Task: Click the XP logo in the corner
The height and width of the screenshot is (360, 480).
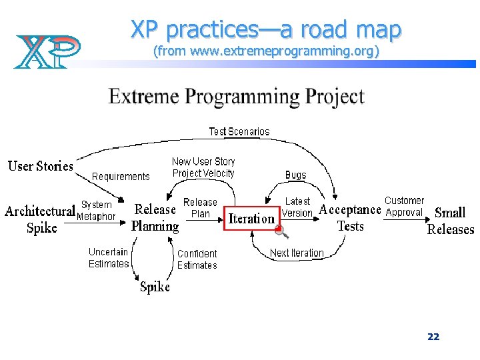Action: coord(47,51)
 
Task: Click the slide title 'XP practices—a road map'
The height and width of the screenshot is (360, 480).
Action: coord(265,29)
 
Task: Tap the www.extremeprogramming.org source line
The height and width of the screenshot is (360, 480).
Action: coord(266,51)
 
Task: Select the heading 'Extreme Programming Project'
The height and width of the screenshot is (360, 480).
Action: coord(236,97)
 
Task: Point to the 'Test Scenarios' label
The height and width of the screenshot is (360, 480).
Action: coord(239,131)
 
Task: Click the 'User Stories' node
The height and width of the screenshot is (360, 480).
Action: coord(41,165)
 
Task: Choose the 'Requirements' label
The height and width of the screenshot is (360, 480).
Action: coord(121,177)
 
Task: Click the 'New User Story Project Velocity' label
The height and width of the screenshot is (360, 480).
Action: coord(203,167)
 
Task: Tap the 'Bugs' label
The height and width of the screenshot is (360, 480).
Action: coord(295,175)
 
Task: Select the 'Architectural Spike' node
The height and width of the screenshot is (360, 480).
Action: coord(40,219)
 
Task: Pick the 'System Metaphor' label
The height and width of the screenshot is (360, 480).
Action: coord(96,211)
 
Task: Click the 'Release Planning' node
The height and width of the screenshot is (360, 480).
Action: coord(155,217)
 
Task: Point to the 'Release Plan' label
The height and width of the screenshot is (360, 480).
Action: coord(200,208)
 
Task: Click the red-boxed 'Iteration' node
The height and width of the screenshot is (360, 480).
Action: coord(251,218)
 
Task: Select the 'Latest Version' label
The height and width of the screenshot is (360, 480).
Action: coord(297,207)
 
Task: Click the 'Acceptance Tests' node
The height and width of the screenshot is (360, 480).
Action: coord(350,217)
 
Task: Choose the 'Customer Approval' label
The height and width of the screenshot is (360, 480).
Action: coord(404,207)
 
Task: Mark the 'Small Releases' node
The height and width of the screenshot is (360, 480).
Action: coord(450,221)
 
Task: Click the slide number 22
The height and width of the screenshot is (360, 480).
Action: coord(433,337)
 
